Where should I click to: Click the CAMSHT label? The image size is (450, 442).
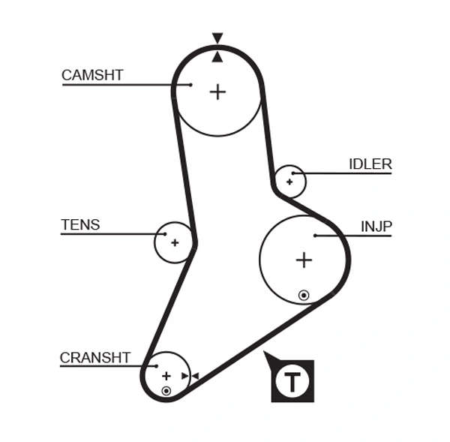[92, 75]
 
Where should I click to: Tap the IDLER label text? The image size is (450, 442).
[370, 164]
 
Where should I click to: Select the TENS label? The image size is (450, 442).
[80, 225]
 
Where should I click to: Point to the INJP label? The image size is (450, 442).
[376, 227]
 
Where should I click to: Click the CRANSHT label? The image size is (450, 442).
[95, 358]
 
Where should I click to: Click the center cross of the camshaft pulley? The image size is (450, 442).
[217, 92]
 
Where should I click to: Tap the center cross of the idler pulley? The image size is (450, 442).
[289, 182]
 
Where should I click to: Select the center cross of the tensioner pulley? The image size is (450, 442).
[174, 242]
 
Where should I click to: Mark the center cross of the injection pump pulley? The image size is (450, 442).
[304, 260]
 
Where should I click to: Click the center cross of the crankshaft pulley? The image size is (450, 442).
[166, 375]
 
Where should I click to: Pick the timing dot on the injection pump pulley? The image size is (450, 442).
[304, 295]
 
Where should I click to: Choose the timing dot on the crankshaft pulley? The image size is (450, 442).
[166, 391]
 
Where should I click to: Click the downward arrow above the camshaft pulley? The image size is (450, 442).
[217, 38]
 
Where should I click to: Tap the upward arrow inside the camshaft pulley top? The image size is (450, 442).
[217, 57]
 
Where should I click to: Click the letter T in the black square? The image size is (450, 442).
[292, 382]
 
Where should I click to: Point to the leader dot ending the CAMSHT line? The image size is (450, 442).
[191, 85]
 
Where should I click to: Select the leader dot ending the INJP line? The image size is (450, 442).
[316, 236]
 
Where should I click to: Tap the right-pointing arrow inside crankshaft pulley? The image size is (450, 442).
[184, 376]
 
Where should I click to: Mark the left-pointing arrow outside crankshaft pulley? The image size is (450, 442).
[195, 376]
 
